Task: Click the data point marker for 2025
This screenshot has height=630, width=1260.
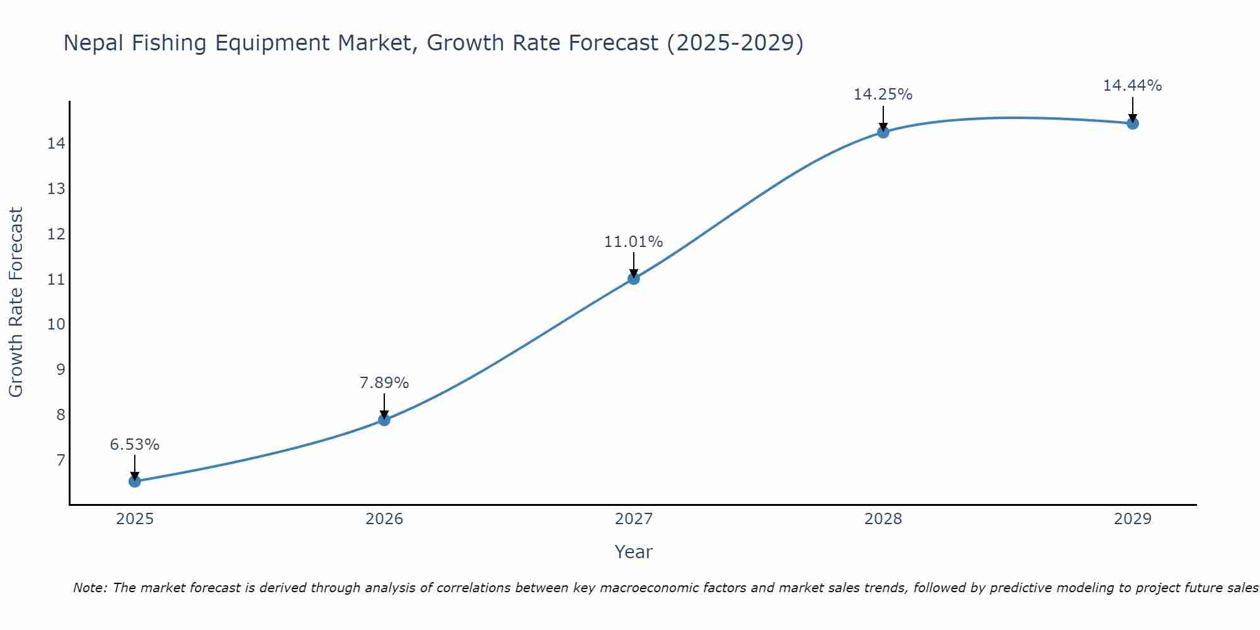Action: coord(135,481)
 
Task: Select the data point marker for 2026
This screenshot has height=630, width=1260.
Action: coord(384,420)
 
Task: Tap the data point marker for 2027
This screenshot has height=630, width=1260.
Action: coord(634,278)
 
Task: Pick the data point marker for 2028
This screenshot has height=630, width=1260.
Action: coord(883,132)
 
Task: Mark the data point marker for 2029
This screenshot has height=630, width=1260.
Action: coord(1133,123)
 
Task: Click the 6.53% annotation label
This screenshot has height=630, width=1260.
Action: coord(135,445)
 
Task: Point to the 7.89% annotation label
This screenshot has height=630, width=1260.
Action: coord(384,383)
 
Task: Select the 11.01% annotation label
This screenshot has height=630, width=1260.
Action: coord(634,242)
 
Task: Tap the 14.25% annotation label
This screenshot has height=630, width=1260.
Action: coord(883,94)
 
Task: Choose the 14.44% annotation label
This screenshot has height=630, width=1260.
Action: coord(1132,86)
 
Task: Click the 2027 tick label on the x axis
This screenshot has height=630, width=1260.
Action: coord(634,519)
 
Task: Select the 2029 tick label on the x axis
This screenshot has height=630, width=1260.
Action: coord(1133,519)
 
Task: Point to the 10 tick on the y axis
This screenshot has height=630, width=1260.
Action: coord(57,324)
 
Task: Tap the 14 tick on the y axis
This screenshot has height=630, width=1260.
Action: coord(57,144)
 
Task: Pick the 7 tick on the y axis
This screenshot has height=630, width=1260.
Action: coord(60,460)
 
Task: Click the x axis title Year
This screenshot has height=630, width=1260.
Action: coord(634,552)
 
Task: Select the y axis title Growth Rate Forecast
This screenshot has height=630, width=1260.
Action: coord(16,302)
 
